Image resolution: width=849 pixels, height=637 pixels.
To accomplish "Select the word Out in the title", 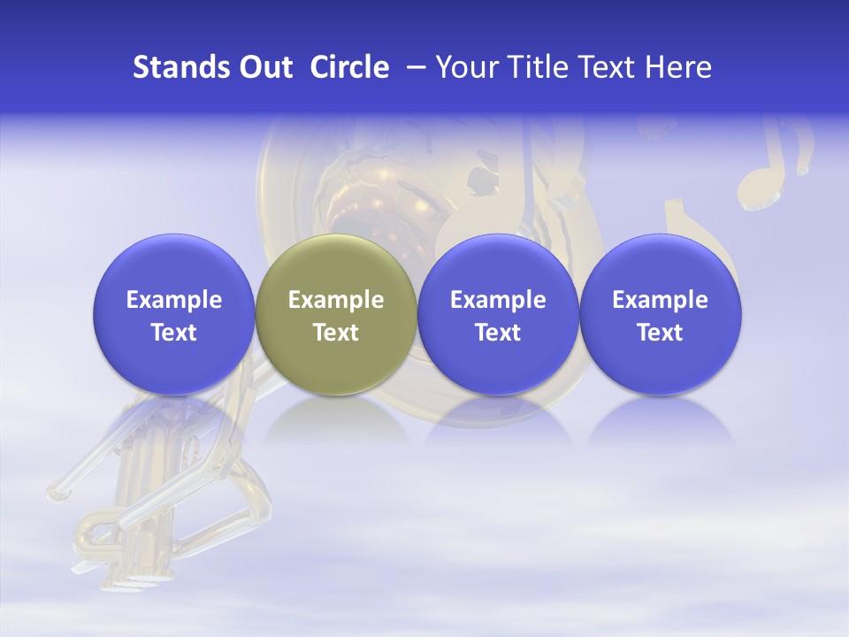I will (x=264, y=67).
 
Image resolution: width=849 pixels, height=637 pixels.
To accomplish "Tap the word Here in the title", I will (x=678, y=67).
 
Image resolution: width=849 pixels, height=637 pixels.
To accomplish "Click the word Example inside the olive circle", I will (x=336, y=300).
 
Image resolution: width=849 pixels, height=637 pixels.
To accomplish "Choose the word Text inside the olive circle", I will (x=336, y=333).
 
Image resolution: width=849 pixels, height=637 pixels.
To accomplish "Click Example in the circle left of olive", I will (x=174, y=300).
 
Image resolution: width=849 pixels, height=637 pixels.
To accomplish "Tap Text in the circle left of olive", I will (x=174, y=333).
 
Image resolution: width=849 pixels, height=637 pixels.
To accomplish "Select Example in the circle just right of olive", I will (x=498, y=300).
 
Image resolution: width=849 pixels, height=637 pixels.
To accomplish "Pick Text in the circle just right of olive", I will (x=498, y=333).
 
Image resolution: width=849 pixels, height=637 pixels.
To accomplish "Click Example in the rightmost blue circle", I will (x=660, y=300).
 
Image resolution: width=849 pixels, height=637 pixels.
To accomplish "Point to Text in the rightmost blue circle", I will (x=660, y=333).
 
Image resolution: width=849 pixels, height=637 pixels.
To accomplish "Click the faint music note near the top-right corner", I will (x=775, y=164).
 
